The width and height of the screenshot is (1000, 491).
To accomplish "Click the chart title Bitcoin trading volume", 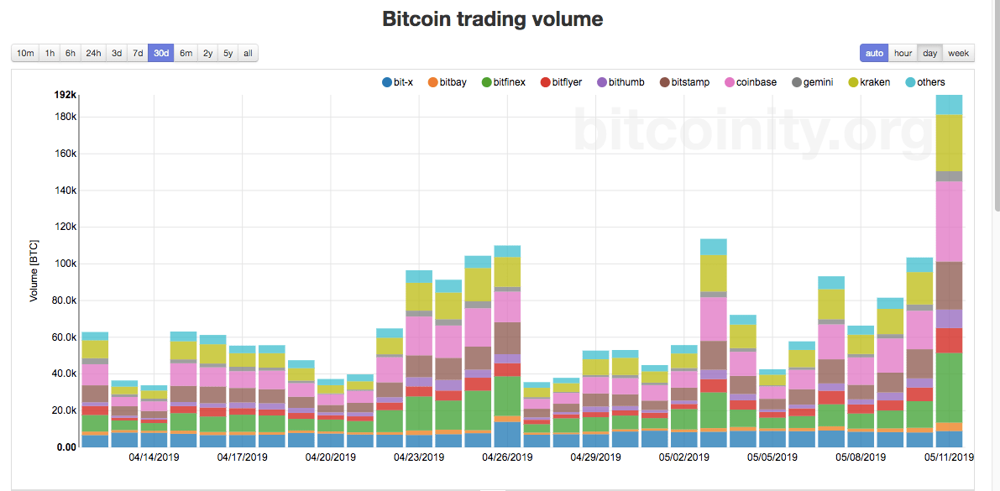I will (x=492, y=18).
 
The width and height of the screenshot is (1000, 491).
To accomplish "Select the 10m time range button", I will (x=26, y=54).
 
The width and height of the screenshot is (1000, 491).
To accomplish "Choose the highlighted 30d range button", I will (x=161, y=54).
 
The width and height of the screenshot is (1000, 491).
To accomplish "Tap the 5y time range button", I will (x=228, y=54).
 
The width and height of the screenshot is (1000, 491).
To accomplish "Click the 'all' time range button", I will (x=247, y=54).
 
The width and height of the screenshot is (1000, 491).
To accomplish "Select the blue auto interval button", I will (x=874, y=54).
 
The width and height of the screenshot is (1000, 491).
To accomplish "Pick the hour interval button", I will (x=903, y=54).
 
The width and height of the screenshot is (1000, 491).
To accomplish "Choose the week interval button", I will (x=958, y=54).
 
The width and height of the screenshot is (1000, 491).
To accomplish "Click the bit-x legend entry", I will (x=397, y=82).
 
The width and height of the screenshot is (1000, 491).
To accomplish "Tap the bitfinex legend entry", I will (x=504, y=82).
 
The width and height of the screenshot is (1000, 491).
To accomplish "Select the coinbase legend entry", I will (x=750, y=82).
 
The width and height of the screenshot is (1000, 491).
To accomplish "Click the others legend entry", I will (x=926, y=82).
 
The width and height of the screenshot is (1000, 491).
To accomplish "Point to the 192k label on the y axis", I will (x=65, y=95).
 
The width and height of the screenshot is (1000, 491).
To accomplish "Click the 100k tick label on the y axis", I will (x=65, y=264).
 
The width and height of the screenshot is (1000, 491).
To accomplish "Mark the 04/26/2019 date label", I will (x=507, y=457).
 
